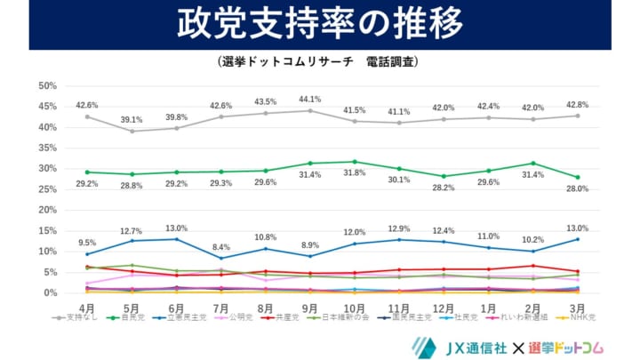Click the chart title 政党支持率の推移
pos(319,24)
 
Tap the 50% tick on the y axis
pos(47,86)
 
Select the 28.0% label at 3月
pos(577,189)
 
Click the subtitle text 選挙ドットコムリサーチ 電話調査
pos(319,63)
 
